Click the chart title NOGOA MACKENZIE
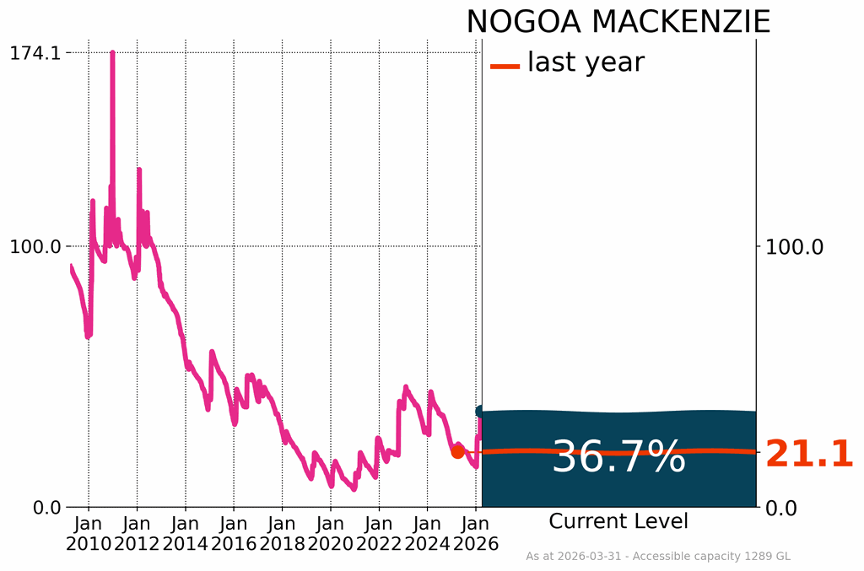[x=618, y=22]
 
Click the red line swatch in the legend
[x=505, y=65]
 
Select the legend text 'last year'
[x=586, y=62]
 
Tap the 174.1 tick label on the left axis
[x=35, y=53]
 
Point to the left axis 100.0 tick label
[x=35, y=247]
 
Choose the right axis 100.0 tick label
[x=794, y=247]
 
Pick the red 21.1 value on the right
[x=809, y=455]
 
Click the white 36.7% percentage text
[x=618, y=457]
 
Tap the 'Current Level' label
[x=618, y=521]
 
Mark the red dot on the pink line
[x=457, y=451]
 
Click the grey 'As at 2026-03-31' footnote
[x=658, y=556]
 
